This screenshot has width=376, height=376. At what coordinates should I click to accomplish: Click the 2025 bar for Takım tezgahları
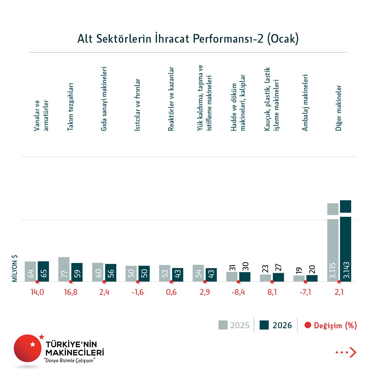pyautogui.click(x=64, y=269)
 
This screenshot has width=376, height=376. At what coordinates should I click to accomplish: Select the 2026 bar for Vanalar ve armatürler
pyautogui.click(x=43, y=271)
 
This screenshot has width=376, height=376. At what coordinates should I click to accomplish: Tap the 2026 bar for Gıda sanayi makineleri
pyautogui.click(x=110, y=273)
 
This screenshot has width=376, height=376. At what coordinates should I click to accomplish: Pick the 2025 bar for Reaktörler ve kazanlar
pyautogui.click(x=165, y=273)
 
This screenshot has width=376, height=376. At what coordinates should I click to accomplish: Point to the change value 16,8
pyautogui.click(x=71, y=292)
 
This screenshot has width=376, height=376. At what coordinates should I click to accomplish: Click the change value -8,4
pyautogui.click(x=238, y=292)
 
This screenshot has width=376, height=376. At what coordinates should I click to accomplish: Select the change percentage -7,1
pyautogui.click(x=305, y=292)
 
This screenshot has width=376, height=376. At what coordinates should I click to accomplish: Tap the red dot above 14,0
pyautogui.click(x=37, y=282)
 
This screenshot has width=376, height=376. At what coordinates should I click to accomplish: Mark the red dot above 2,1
pyautogui.click(x=339, y=282)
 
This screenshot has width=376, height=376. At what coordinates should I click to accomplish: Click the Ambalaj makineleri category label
pyautogui.click(x=305, y=103)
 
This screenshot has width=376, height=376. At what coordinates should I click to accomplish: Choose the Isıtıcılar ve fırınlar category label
pyautogui.click(x=137, y=105)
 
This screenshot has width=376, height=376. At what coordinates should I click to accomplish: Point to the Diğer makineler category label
pyautogui.click(x=338, y=108)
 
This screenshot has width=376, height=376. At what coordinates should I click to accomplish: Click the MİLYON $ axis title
pyautogui.click(x=15, y=268)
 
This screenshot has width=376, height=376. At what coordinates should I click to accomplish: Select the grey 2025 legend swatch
pyautogui.click(x=223, y=325)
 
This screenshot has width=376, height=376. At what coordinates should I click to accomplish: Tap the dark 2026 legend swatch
pyautogui.click(x=264, y=325)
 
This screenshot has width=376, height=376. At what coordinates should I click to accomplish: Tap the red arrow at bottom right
pyautogui.click(x=353, y=352)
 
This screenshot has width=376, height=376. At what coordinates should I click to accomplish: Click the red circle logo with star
pyautogui.click(x=28, y=348)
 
